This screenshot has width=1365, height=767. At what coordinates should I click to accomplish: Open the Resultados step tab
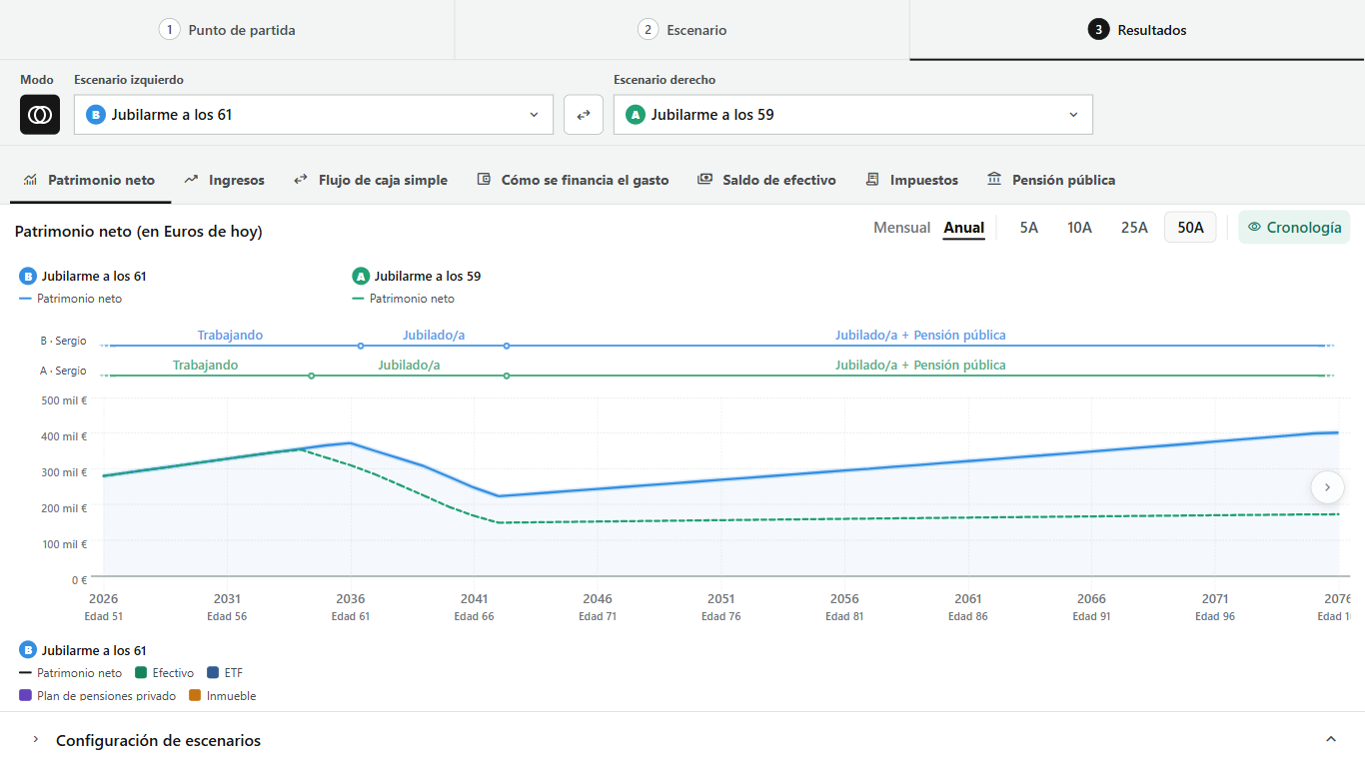1137,30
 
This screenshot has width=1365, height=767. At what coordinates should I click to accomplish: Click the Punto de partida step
227,30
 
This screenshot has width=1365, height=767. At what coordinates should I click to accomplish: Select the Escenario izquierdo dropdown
313,115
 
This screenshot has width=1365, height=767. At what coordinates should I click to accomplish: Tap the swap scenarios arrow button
584,115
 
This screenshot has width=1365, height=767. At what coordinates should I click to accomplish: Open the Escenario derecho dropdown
852,115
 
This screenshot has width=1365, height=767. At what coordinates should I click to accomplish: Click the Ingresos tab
224,181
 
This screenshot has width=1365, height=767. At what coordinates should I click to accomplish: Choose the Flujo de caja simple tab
371,181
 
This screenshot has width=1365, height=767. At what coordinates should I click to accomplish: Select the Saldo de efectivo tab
766,181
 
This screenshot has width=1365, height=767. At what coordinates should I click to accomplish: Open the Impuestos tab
911,181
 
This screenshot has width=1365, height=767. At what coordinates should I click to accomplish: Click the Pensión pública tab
1051,181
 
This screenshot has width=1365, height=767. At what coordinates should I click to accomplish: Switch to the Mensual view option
902,228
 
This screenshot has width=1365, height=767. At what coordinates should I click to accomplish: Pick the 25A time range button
1134,228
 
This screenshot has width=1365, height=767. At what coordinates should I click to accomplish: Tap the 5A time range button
1028,228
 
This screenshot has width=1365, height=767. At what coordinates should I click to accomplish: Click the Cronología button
1294,228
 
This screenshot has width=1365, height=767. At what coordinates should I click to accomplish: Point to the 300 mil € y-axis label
64,472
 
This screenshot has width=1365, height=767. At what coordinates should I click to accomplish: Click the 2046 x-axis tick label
598,599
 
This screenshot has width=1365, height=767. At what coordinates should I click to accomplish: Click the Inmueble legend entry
223,696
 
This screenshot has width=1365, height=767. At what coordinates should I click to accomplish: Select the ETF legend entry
225,673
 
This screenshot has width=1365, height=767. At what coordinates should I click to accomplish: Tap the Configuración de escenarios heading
159,741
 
